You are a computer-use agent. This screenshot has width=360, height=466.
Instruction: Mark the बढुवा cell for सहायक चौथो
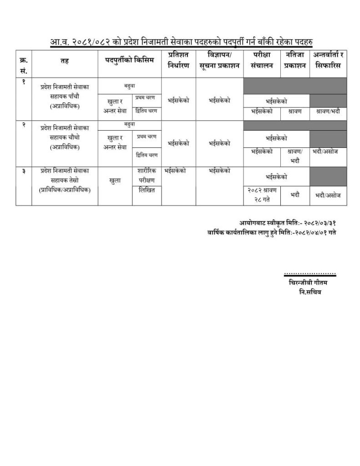coord(130,124)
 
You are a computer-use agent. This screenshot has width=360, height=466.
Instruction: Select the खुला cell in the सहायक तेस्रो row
coord(115,180)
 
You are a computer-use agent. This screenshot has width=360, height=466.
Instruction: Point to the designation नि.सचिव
coord(307,292)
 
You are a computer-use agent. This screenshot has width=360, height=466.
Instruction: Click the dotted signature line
coord(309,274)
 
